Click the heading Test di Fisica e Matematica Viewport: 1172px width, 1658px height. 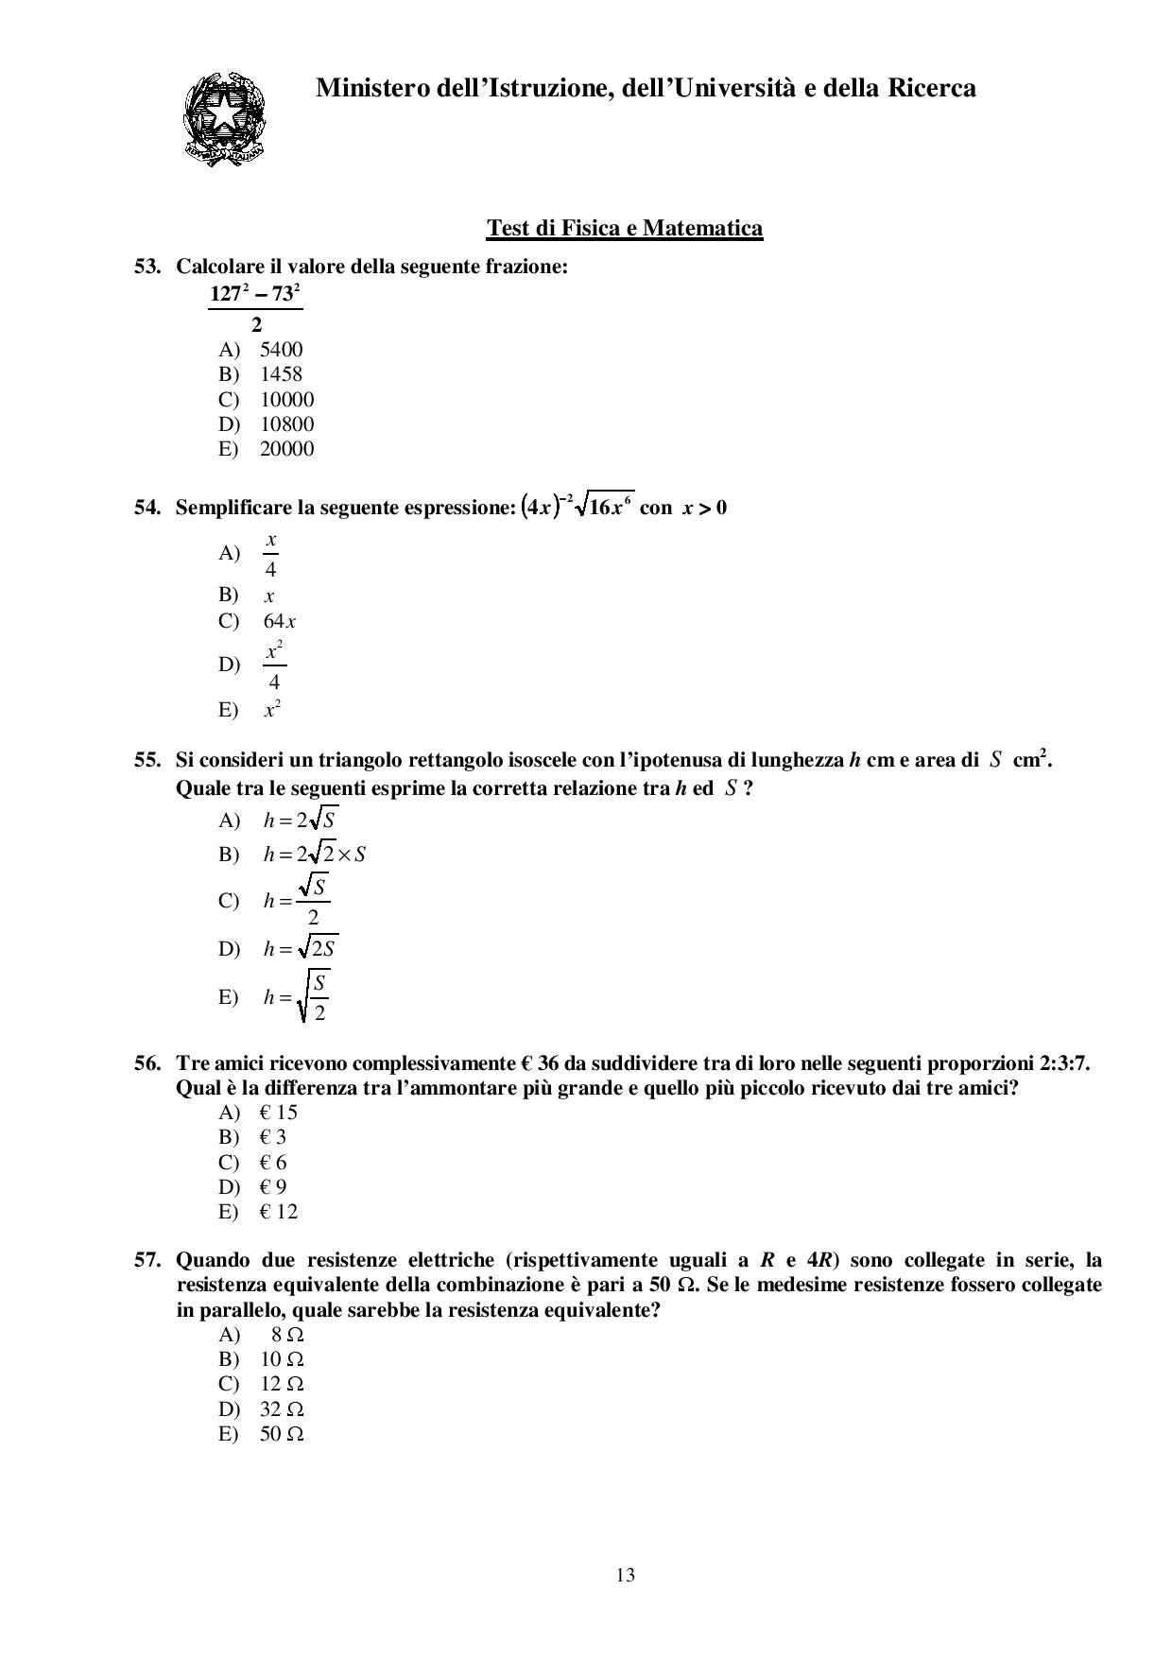624,228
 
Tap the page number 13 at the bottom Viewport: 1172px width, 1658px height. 625,1575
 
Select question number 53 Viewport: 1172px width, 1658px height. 147,267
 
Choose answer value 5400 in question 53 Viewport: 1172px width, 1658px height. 282,350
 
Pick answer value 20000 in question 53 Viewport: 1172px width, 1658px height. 286,449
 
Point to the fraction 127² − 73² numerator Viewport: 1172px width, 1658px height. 255,294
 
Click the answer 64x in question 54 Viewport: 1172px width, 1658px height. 280,622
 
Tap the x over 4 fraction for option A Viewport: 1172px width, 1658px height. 271,554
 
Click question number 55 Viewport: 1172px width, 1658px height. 147,760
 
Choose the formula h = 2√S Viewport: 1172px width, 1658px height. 300,820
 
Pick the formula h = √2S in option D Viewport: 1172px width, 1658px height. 301,948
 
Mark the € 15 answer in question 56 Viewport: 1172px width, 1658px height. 279,1113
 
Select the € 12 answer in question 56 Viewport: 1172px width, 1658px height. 279,1212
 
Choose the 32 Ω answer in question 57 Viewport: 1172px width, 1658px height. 282,1409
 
